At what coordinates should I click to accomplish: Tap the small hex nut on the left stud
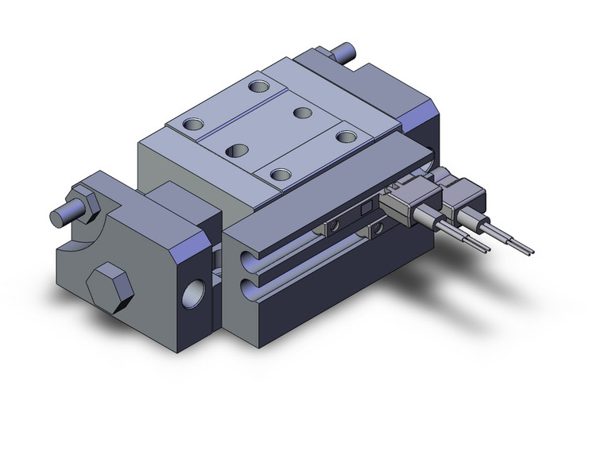pos(83,198)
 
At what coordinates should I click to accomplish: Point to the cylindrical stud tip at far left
pos(56,215)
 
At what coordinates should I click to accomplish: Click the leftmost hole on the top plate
pos(194,124)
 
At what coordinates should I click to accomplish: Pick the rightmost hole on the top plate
pos(346,137)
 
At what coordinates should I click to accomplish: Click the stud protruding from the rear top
pos(346,54)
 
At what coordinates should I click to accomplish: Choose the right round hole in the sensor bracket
pos(374,229)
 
